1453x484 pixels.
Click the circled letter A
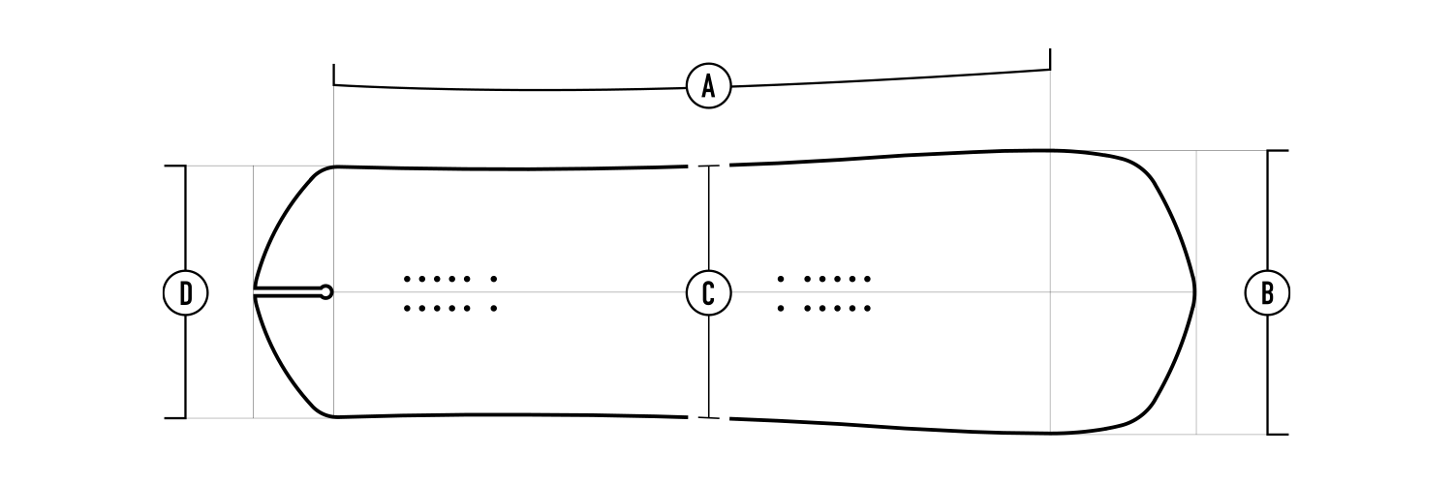coord(708,87)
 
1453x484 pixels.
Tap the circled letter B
coord(1266,292)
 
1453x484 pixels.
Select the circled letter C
coord(708,292)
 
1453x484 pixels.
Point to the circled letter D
coord(185,292)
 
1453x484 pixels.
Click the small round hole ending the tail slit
coord(326,291)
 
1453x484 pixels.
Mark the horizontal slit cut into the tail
coord(289,291)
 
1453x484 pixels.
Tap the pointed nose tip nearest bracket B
coord(1194,291)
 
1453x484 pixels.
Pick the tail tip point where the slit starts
coord(255,291)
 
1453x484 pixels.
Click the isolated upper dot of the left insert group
coord(494,279)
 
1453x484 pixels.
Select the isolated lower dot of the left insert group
coord(494,309)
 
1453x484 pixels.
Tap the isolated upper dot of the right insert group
coord(781,279)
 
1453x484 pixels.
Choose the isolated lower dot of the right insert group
coord(781,309)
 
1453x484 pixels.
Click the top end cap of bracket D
coord(174,166)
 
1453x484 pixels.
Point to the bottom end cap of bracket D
coord(174,418)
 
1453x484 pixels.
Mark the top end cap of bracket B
coord(1278,151)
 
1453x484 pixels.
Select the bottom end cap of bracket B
coord(1278,434)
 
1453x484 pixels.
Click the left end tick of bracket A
coord(334,75)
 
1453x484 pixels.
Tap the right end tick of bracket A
coord(1050,60)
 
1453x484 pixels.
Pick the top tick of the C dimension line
coord(709,166)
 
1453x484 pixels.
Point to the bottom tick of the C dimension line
coord(709,418)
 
